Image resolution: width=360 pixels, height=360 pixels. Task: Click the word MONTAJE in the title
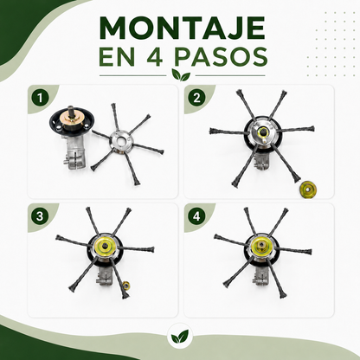[x=183, y=28]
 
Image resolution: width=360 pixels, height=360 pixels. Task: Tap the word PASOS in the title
[x=221, y=57]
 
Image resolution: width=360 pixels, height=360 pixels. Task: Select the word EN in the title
[x=117, y=57]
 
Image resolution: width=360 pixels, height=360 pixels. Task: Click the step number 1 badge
[x=40, y=98]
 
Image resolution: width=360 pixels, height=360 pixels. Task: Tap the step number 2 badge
[x=196, y=98]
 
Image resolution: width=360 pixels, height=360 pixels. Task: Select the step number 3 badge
[x=40, y=216]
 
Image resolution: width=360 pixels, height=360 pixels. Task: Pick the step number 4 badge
[x=196, y=216]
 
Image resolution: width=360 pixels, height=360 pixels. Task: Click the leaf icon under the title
[x=181, y=75]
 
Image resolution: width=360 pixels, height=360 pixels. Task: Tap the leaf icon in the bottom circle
[x=180, y=336]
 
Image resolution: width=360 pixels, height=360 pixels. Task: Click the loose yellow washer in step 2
[x=308, y=190]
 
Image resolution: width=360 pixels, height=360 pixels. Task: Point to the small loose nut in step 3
[x=126, y=286]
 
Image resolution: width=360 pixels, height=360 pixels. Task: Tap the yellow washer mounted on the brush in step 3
[x=105, y=246]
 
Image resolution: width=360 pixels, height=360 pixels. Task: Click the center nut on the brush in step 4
[x=261, y=245]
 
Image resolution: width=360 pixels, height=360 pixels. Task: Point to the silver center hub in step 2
[x=262, y=132]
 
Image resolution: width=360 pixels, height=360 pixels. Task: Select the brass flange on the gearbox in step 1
[x=72, y=120]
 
